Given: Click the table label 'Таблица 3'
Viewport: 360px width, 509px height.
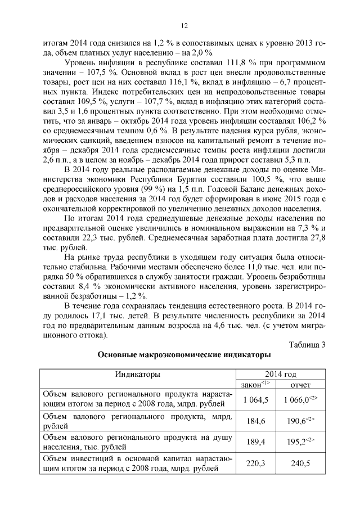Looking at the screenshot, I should (306, 345).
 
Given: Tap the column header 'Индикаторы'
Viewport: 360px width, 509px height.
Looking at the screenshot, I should (137, 375).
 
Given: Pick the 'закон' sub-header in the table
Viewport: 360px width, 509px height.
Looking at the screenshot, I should (255, 384).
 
